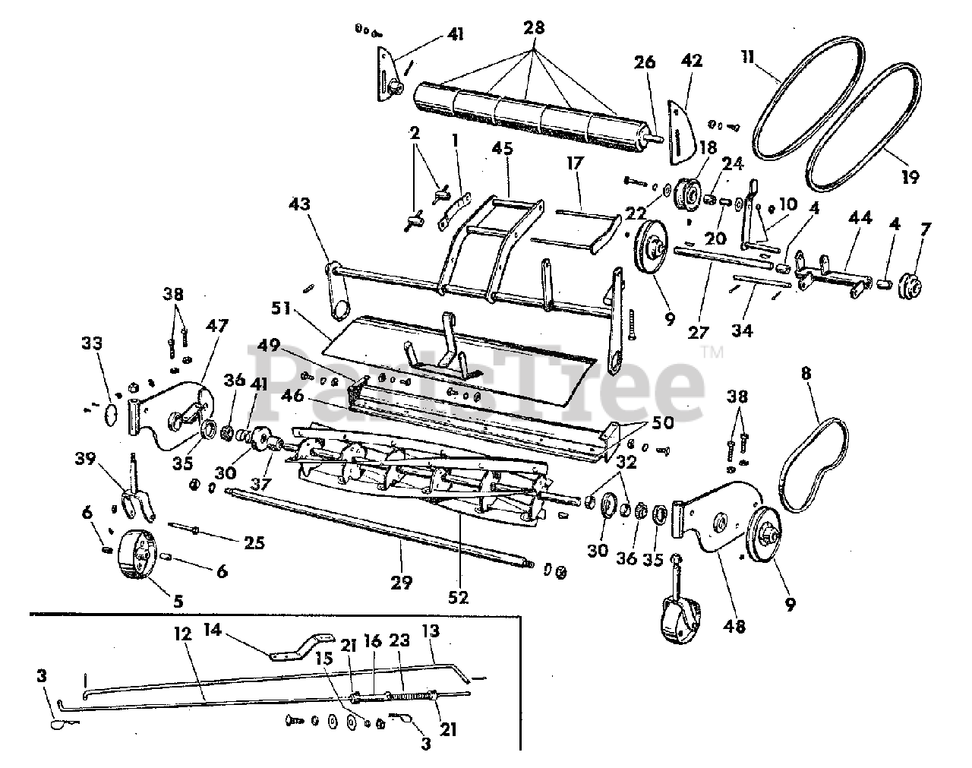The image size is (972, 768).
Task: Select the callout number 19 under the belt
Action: [x=910, y=177]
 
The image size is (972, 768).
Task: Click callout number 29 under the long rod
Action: [x=402, y=583]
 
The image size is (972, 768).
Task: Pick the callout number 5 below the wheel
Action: [x=178, y=600]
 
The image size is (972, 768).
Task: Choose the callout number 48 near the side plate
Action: [x=735, y=626]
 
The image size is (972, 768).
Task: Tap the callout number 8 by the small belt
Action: [x=806, y=373]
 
